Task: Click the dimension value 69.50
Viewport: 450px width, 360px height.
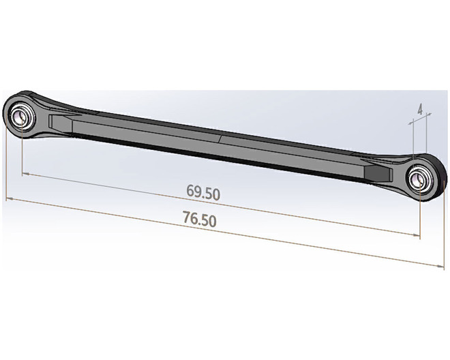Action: click(203, 192)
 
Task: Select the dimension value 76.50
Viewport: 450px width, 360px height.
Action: click(200, 219)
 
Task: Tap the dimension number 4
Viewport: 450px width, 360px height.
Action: click(420, 109)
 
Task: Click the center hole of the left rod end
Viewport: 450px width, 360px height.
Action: click(21, 117)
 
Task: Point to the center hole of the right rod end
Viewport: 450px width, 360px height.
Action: click(419, 179)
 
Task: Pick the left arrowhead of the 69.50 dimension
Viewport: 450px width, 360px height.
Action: click(25, 174)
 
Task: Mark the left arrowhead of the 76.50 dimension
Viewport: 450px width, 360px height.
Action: click(10, 198)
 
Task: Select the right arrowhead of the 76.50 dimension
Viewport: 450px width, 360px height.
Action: click(440, 267)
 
